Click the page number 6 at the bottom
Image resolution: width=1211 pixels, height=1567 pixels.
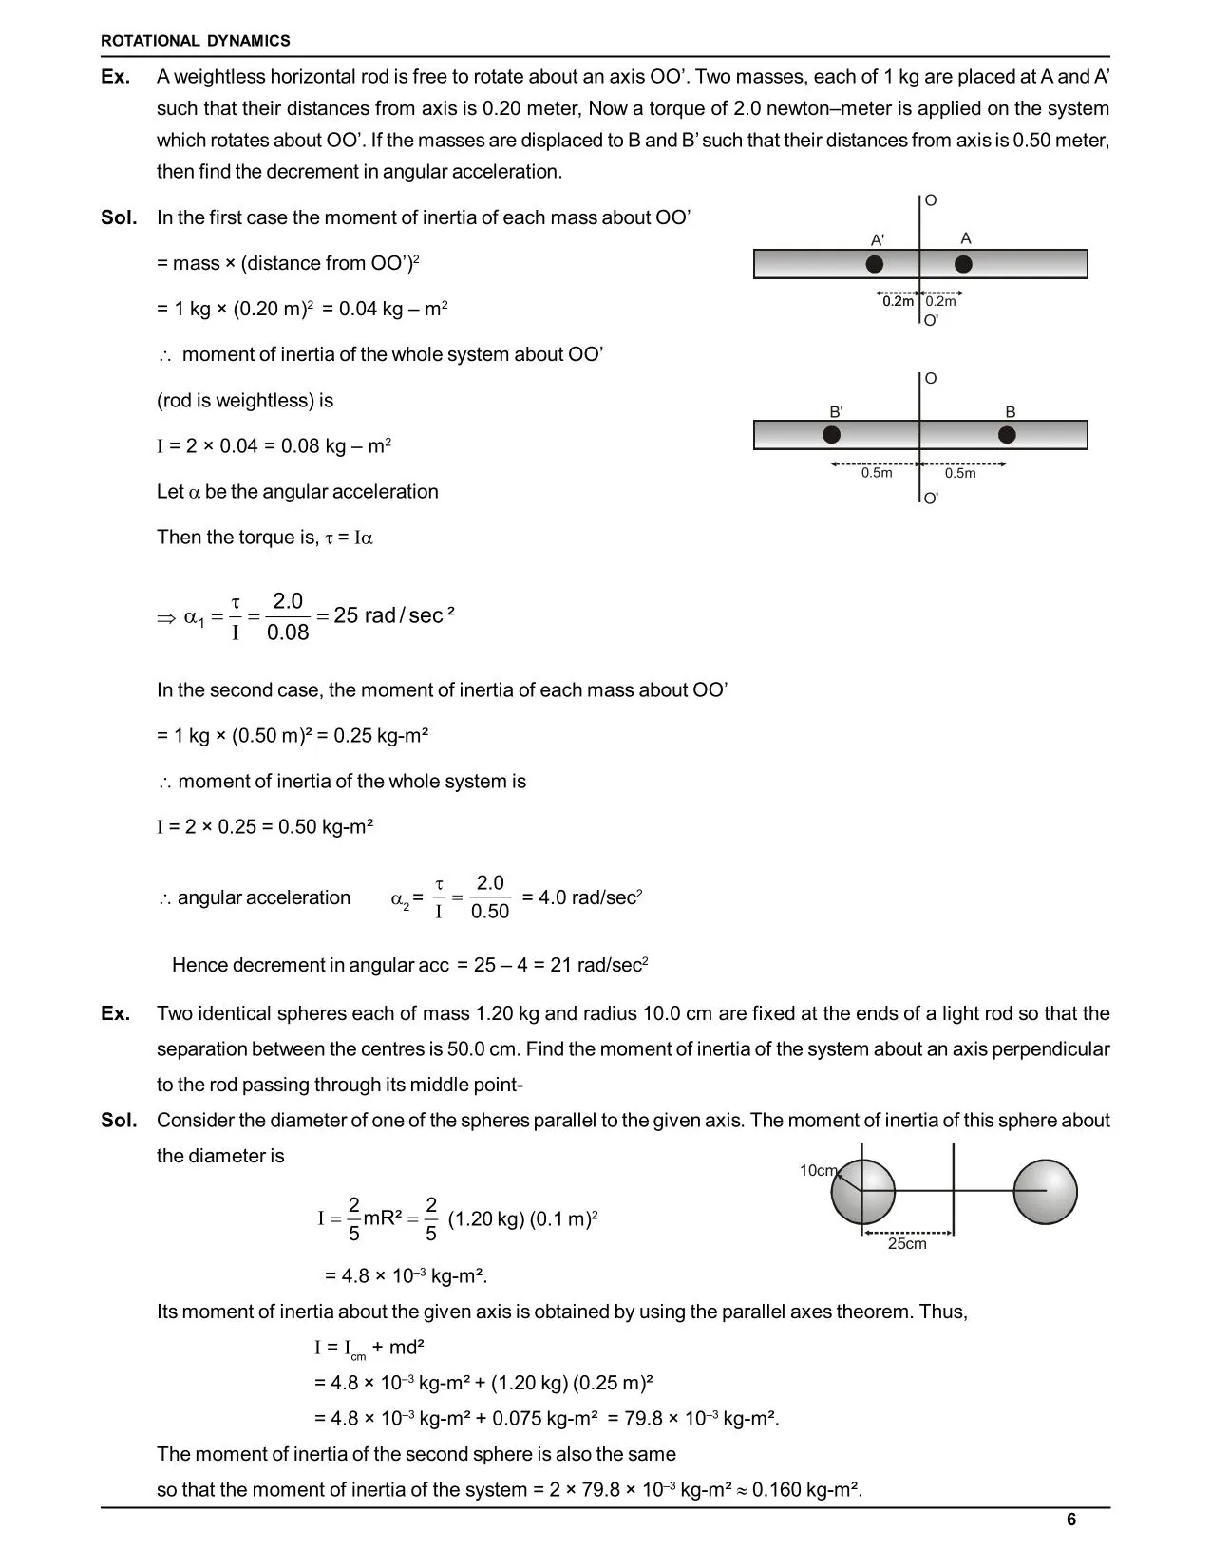[x=1071, y=1520]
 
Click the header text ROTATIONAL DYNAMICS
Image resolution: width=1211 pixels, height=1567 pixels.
[x=196, y=41]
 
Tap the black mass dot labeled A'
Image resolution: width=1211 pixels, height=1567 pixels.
[x=875, y=263]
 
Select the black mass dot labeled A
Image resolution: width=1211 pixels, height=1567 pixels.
[x=963, y=263]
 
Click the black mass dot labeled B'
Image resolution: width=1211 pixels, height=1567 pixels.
[x=831, y=435]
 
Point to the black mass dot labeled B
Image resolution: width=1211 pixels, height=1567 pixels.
[x=1008, y=435]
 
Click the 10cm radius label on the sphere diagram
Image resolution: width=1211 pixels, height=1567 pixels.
[x=817, y=1170]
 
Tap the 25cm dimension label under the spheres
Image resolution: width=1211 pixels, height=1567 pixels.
[x=907, y=1244]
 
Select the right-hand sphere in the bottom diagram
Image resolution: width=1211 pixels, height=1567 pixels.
[x=1045, y=1192]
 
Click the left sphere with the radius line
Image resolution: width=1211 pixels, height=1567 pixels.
[x=863, y=1192]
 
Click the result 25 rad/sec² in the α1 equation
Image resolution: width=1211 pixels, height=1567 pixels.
[x=393, y=615]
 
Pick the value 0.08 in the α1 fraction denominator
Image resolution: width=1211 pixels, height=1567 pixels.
[x=288, y=632]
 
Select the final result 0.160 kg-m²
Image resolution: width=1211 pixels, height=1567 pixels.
[x=806, y=1489]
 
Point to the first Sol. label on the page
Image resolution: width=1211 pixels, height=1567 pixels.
[x=119, y=217]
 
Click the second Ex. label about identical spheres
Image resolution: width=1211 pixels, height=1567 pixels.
[x=115, y=1013]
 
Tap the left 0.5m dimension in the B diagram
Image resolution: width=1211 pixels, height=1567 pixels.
[x=876, y=473]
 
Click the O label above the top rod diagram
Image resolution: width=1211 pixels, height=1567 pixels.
[x=931, y=200]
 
